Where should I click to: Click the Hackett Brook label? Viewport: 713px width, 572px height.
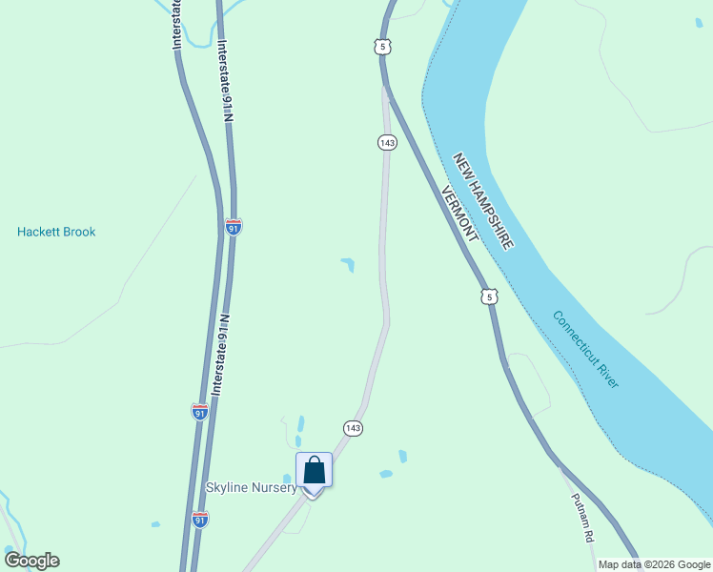[56, 232]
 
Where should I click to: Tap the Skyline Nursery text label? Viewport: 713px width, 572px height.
[252, 487]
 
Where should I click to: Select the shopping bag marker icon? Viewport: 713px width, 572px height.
[315, 471]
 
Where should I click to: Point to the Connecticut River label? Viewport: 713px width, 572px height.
[585, 349]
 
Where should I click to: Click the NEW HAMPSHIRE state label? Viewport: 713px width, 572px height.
[483, 202]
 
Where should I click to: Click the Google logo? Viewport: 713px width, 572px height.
[31, 561]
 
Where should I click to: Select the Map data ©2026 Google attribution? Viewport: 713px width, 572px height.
[655, 564]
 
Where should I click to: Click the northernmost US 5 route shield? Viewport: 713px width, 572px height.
[382, 46]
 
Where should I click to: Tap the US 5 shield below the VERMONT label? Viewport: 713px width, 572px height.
[489, 296]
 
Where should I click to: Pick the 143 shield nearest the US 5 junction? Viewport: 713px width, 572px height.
[386, 142]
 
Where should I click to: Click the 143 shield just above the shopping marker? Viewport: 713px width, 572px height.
[353, 428]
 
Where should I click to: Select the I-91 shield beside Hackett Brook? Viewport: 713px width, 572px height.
[234, 227]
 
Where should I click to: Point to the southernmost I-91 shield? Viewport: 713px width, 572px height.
[200, 520]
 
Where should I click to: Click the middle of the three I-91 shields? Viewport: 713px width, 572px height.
[199, 412]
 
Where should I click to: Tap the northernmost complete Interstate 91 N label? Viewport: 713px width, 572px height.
[225, 81]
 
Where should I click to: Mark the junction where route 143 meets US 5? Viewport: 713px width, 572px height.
[384, 87]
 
